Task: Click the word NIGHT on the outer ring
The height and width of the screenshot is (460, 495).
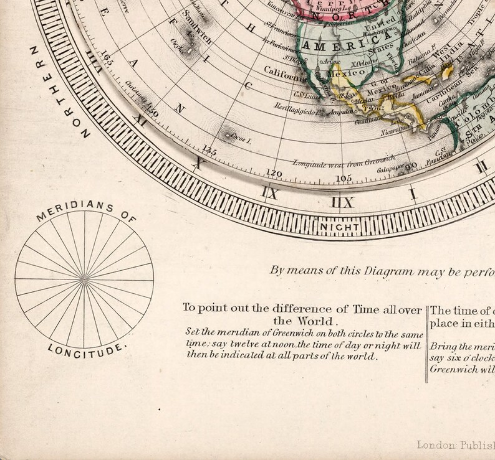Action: coord(339,228)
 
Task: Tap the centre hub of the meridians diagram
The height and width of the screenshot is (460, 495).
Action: coord(84,278)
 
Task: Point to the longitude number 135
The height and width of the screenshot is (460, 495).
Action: coord(210,150)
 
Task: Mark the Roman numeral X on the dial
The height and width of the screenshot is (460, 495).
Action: coord(197,164)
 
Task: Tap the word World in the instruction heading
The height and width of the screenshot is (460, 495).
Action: coord(315,321)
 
